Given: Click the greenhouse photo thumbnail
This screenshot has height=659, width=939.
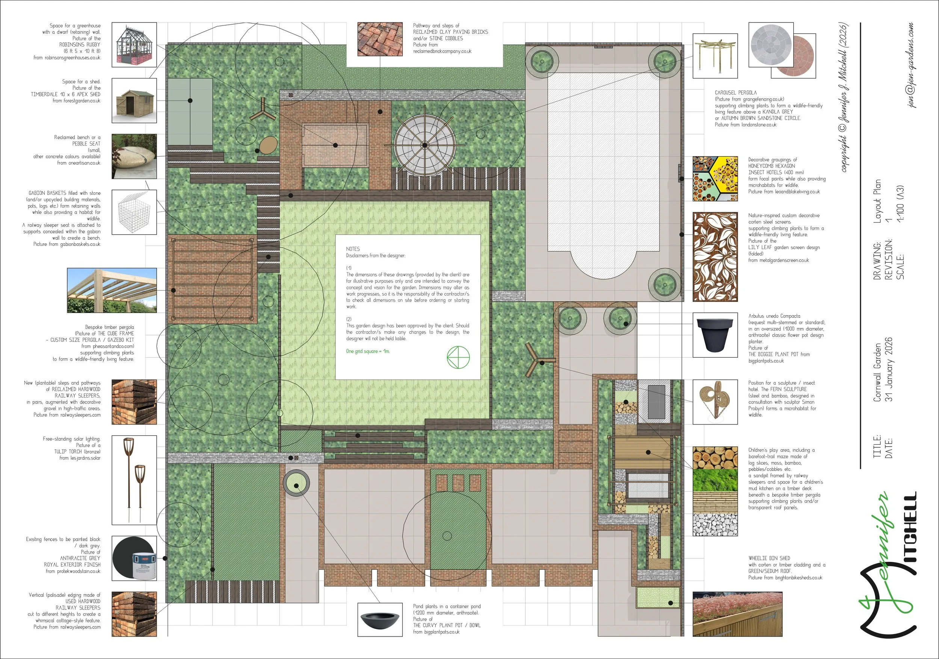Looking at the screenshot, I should click(x=134, y=45).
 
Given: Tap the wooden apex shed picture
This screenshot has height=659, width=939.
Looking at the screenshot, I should click(x=134, y=101).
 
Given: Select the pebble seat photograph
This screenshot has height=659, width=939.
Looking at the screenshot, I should click(x=134, y=156).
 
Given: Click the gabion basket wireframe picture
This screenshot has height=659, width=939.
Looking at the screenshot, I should click(x=134, y=212).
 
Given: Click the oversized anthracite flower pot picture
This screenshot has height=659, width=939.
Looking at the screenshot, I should click(x=715, y=335).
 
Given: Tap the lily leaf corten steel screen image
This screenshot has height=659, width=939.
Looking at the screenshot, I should click(x=715, y=257).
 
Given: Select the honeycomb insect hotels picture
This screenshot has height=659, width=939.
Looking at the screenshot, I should click(x=715, y=179).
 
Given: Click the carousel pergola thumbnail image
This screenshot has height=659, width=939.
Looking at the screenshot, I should click(x=715, y=56).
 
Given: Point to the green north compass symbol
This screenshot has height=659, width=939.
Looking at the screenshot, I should click(x=458, y=357).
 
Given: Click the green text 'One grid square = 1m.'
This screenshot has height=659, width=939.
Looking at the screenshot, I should click(x=368, y=351).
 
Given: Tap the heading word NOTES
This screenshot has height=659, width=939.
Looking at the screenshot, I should click(x=353, y=249).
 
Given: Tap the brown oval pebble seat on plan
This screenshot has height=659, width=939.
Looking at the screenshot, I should click(x=268, y=146).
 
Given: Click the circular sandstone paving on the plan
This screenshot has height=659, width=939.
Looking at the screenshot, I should click(x=424, y=145).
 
